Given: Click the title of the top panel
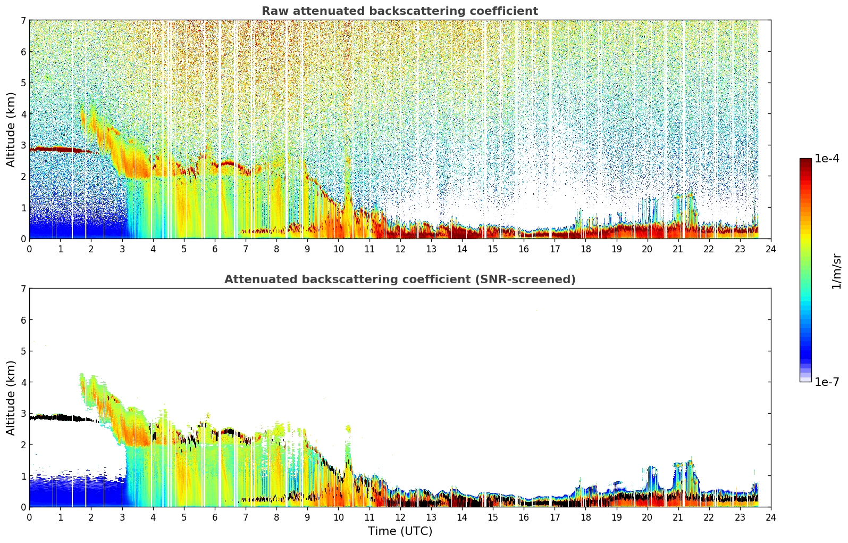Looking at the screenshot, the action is pos(400,11).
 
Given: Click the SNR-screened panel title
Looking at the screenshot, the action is pos(400,279).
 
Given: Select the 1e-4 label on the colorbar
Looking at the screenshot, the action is pos(827,159).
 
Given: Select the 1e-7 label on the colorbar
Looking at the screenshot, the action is pos(827,382).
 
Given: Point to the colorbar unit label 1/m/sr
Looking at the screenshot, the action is pos(836,272).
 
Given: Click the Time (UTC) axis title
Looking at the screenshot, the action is pos(400,531).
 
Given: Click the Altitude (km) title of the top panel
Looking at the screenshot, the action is pos(11,130).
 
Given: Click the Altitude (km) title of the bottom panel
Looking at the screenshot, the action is pos(11,398).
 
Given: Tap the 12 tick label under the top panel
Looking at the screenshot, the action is pos(400,249).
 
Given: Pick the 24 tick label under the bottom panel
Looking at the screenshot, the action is pos(771,517).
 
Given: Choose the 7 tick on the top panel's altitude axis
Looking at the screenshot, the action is pos(23,20).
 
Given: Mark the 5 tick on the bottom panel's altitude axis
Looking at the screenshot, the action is pos(23,351).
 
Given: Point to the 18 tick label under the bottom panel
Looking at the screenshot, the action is pos(586,517).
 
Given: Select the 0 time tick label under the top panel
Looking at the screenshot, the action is pos(30,249).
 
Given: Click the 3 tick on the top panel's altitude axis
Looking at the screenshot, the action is pos(23,145).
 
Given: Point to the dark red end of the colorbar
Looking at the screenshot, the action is pos(805,161).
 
